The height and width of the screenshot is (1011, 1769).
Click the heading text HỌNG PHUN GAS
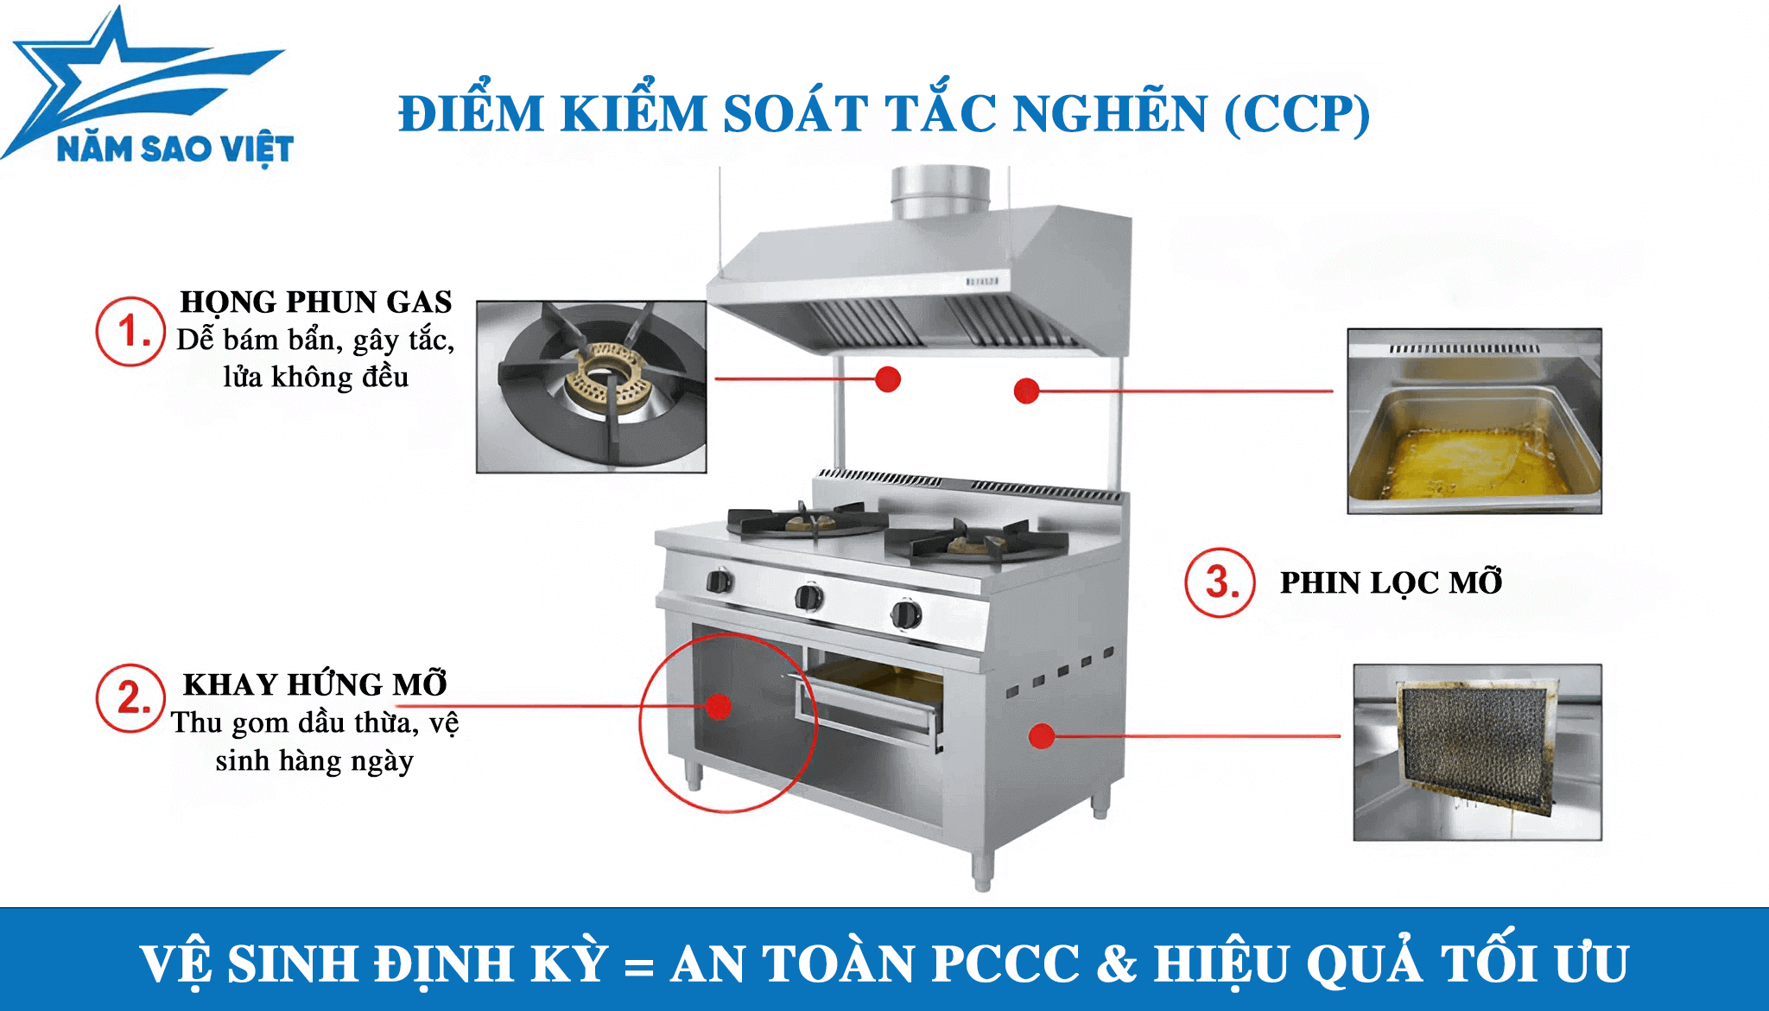click(316, 302)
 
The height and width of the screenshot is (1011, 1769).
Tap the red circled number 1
click(130, 331)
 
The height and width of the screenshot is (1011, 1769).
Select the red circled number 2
click(130, 698)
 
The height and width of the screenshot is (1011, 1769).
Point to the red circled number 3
click(1220, 582)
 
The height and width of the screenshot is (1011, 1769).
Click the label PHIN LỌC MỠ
click(1391, 582)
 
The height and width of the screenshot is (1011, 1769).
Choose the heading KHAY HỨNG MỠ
click(315, 684)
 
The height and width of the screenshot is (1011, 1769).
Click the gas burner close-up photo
click(592, 386)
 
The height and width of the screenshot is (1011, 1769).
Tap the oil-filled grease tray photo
click(1474, 421)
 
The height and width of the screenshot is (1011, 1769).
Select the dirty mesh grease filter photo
click(1477, 752)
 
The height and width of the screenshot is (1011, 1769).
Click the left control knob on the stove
click(720, 581)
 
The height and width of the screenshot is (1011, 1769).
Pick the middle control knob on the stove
click(809, 596)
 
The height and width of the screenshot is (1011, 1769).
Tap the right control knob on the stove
click(905, 614)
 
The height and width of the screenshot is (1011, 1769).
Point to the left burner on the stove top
click(806, 520)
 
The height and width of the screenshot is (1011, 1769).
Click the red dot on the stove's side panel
click(1043, 735)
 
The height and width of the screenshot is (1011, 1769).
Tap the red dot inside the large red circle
click(719, 706)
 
